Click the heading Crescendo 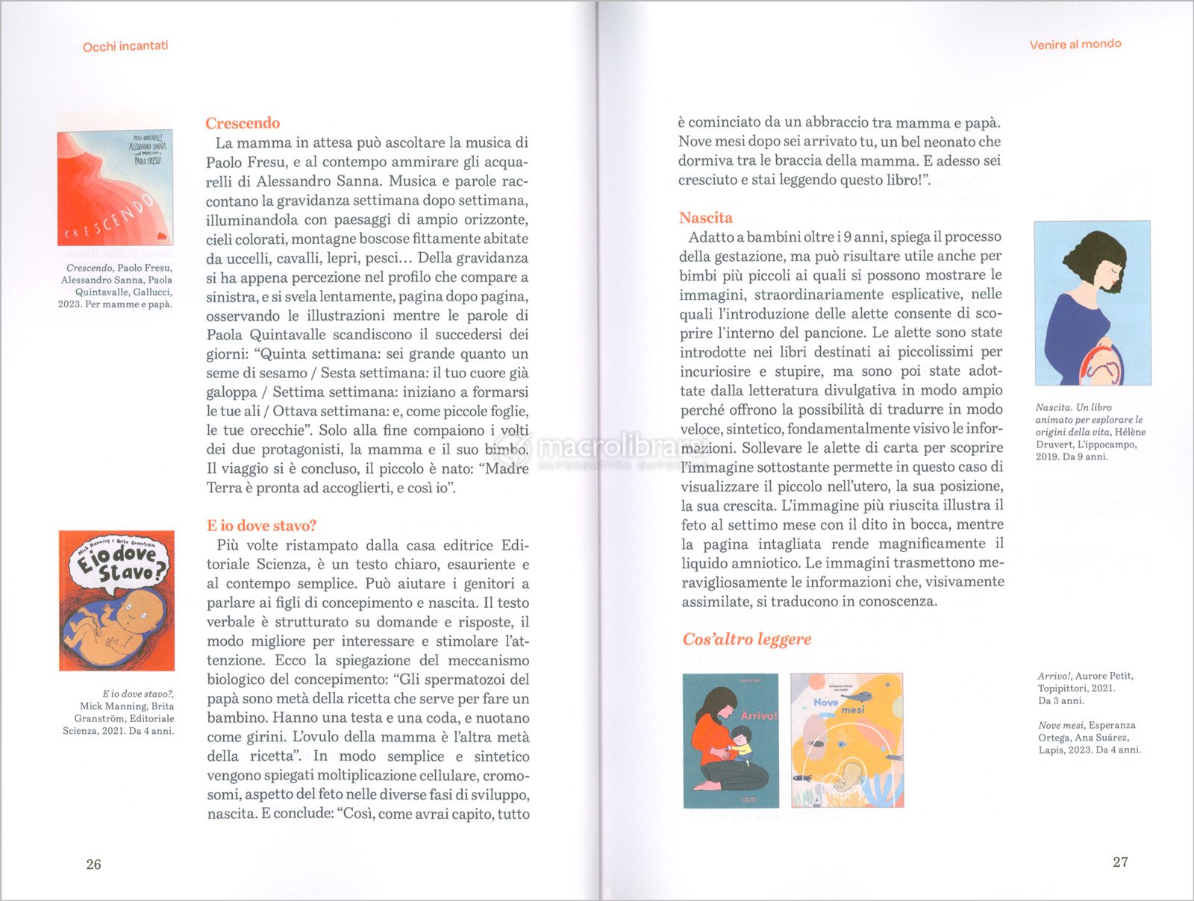[x=243, y=123]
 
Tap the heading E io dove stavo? [x=261, y=526]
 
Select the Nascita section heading [x=705, y=218]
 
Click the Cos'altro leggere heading [x=746, y=639]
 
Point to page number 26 [x=93, y=864]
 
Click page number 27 [x=1120, y=862]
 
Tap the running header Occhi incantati [x=125, y=46]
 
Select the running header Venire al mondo [x=1075, y=44]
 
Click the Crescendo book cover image [x=115, y=188]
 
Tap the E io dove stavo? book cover [x=116, y=600]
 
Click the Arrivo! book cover [x=731, y=741]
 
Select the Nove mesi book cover [x=846, y=741]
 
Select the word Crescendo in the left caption [x=89, y=268]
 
